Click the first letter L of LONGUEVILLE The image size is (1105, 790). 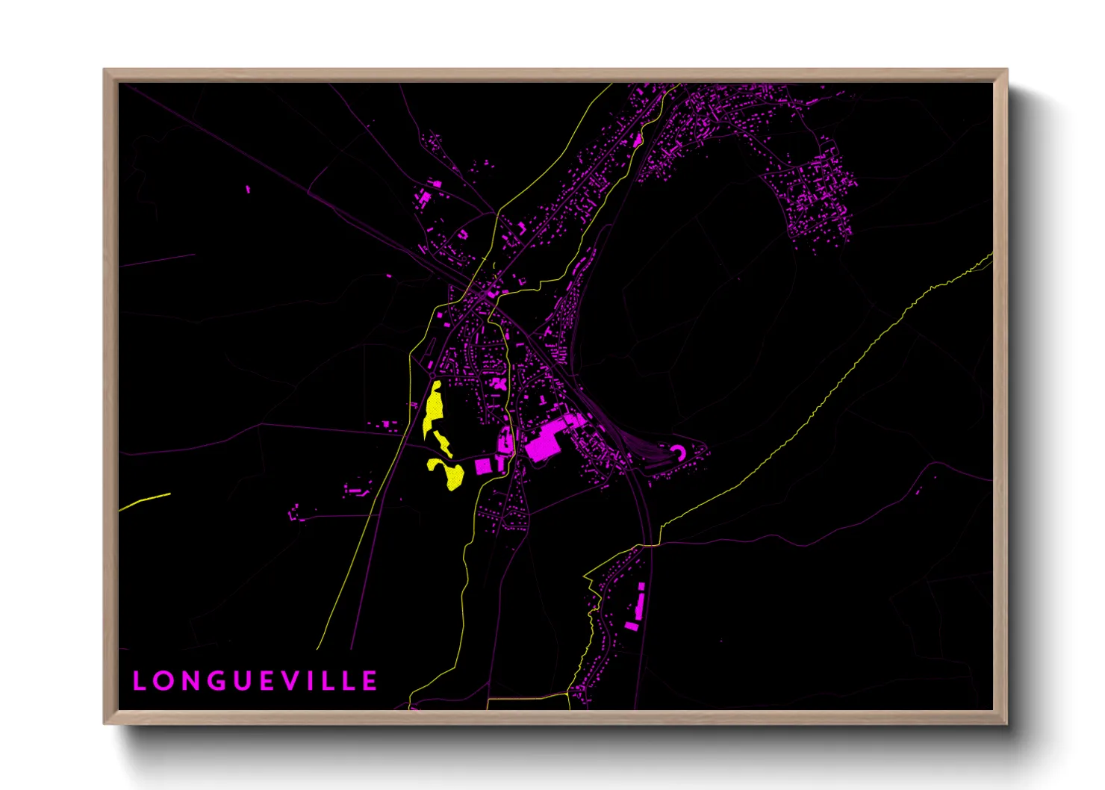pos(140,681)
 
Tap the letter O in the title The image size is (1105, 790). pos(164,681)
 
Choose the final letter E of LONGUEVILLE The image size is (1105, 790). pos(371,681)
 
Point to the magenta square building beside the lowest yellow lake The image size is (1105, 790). pos(483,467)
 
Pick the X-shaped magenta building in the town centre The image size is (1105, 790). pos(499,384)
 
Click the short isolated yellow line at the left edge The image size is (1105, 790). pos(146,502)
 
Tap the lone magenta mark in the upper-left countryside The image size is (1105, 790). pos(249,190)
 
